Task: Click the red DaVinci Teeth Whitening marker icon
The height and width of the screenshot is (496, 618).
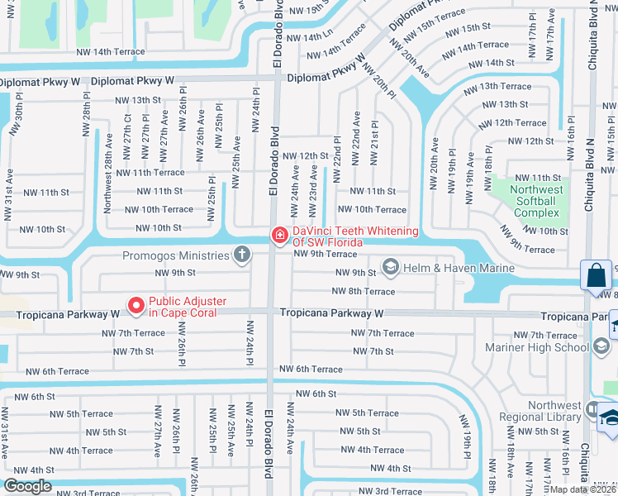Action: point(279,236)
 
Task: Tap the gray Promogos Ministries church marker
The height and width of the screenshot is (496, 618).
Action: point(241,255)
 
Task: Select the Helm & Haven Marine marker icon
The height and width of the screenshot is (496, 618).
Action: point(390,267)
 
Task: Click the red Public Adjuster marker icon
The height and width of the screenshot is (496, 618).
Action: point(135,307)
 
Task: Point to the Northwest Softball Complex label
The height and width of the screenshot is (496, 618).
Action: point(537,201)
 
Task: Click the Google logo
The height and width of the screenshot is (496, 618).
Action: point(27,486)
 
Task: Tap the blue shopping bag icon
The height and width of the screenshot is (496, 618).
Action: point(596,275)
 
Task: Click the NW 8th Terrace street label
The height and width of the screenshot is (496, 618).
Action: point(364,292)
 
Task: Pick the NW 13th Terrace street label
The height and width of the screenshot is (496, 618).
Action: point(499,87)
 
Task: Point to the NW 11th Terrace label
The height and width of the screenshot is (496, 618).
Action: point(150,173)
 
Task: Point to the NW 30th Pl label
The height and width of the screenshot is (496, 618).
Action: point(14,119)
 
